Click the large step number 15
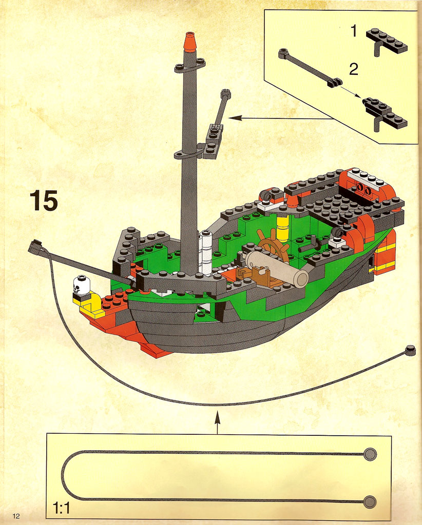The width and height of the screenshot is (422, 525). click(x=44, y=200)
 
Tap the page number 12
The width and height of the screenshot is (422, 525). click(x=16, y=516)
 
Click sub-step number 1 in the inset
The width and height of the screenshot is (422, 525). click(x=354, y=31)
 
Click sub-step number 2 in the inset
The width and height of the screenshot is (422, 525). click(x=354, y=70)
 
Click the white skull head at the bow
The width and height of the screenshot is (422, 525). click(x=82, y=285)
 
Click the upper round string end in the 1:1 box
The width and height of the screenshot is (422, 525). click(x=370, y=454)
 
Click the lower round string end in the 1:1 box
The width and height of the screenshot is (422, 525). click(x=370, y=502)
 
